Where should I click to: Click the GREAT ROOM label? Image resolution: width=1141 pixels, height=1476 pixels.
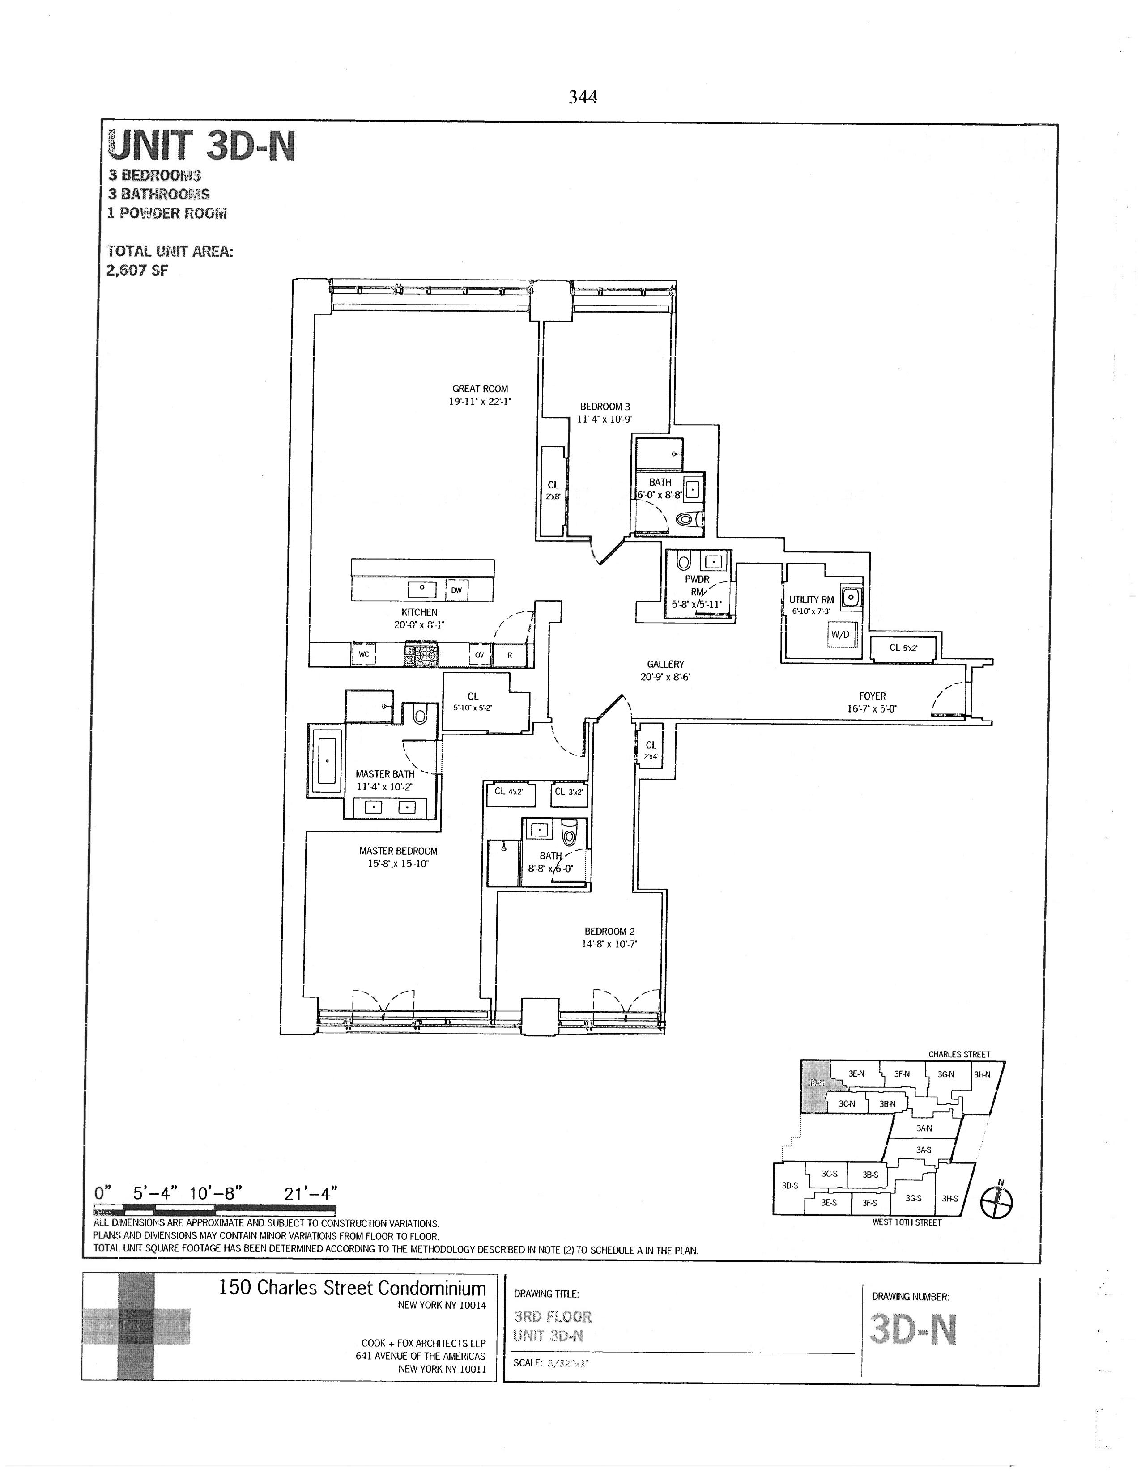click(x=480, y=389)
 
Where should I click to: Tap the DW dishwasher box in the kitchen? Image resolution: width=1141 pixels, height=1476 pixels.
click(x=456, y=590)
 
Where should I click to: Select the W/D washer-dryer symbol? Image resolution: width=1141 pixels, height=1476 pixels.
click(x=840, y=635)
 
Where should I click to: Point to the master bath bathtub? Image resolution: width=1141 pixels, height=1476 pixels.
click(x=327, y=760)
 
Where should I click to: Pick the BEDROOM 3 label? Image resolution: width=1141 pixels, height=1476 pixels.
click(x=605, y=407)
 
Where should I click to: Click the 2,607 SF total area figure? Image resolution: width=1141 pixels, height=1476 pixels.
click(x=137, y=270)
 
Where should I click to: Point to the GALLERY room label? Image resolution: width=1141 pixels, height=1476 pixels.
click(x=665, y=664)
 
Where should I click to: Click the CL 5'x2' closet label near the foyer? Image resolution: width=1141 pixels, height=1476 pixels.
click(x=903, y=648)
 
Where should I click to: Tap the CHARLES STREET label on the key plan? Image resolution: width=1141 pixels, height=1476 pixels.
click(x=958, y=1054)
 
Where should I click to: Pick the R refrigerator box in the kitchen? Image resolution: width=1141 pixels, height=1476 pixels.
click(x=510, y=655)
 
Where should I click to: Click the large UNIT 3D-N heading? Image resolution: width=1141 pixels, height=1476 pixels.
click(x=201, y=145)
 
